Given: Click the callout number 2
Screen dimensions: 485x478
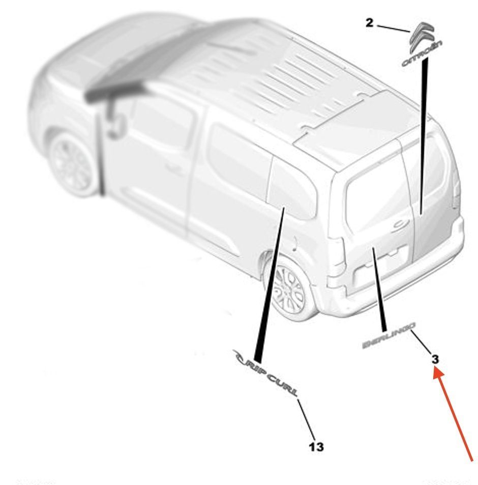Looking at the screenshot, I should [x=369, y=23].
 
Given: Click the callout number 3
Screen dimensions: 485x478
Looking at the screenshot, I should [x=435, y=359].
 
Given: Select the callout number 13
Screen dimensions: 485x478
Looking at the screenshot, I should [x=316, y=447].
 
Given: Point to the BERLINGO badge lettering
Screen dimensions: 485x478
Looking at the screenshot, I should [x=389, y=335].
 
